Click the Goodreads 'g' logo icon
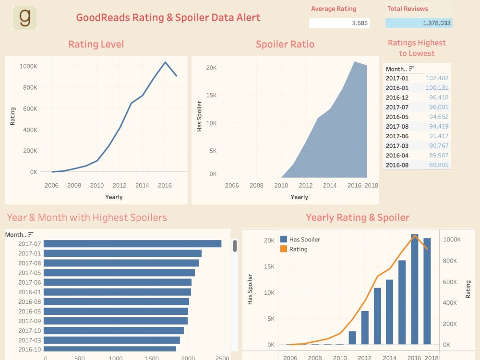(x=24, y=18)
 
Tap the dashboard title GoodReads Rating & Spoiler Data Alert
(x=168, y=18)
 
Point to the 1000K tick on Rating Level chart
(x=28, y=66)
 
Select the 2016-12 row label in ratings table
(x=397, y=97)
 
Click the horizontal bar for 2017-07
(x=132, y=244)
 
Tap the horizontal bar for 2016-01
(x=117, y=292)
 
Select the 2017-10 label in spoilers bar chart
(x=30, y=330)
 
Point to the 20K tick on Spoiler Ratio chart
(x=211, y=68)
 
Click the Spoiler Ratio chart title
(x=285, y=44)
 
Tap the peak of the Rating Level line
(x=165, y=62)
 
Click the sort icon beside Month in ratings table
(x=411, y=69)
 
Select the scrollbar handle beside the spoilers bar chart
(x=235, y=246)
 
